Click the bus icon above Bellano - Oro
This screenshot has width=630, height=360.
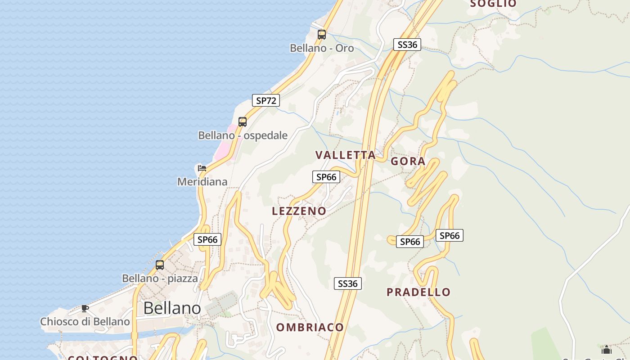click(322, 34)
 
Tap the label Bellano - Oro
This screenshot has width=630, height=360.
click(322, 48)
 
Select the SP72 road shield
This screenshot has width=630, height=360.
click(265, 100)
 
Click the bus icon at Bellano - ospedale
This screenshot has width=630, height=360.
click(243, 121)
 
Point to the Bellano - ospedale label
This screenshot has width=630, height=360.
click(243, 135)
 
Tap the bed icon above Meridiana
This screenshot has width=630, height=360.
click(202, 168)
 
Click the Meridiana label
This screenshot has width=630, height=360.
click(202, 182)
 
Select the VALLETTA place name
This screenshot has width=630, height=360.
click(346, 155)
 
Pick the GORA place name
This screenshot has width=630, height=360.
click(408, 162)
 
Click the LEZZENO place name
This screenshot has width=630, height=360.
click(299, 211)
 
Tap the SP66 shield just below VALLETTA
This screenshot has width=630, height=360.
click(326, 177)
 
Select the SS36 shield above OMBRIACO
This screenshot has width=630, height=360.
click(348, 283)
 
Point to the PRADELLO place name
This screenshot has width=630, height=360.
click(418, 292)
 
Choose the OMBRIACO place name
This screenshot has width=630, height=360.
click(310, 327)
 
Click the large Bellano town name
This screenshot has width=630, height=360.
click(172, 308)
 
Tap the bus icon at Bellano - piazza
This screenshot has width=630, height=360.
click(160, 265)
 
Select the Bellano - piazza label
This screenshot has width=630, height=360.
click(160, 279)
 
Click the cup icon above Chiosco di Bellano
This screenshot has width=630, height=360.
click(85, 308)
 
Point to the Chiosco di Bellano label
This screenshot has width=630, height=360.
click(85, 322)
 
